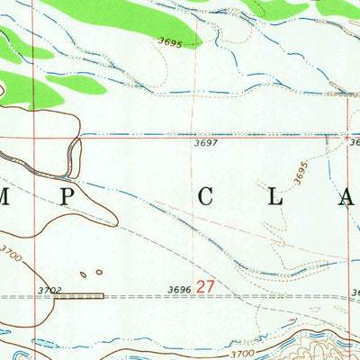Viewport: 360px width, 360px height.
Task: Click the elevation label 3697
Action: click(x=206, y=143)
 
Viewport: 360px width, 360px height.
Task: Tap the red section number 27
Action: click(x=206, y=286)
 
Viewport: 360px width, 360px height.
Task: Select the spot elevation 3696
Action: click(x=180, y=288)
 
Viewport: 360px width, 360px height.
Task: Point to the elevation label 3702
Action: click(x=51, y=289)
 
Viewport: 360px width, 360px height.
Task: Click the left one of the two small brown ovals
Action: click(x=83, y=274)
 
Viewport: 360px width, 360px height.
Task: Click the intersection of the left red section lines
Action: click(x=37, y=138)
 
